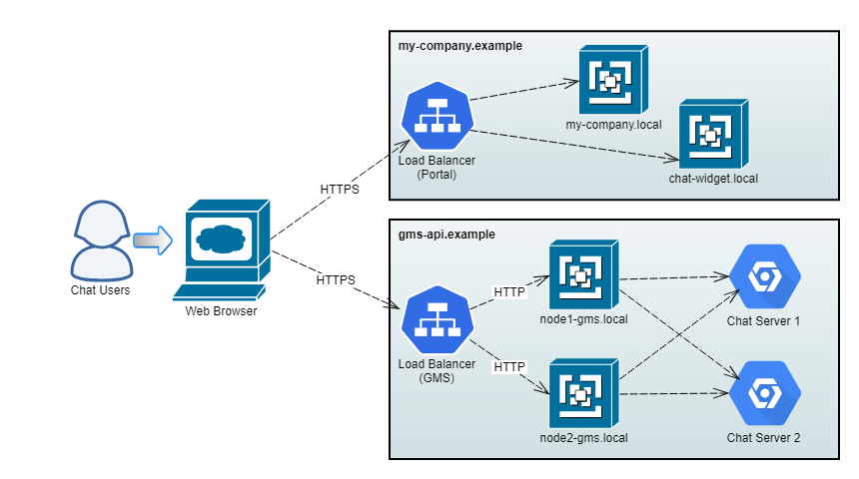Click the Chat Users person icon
click(x=101, y=241)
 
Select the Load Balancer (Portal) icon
click(x=436, y=117)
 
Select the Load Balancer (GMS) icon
click(x=436, y=319)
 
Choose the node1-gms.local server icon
click(x=584, y=276)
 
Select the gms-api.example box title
click(x=446, y=234)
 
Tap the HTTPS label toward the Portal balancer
click(x=340, y=188)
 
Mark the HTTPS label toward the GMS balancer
click(x=336, y=279)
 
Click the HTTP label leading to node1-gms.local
click(x=509, y=291)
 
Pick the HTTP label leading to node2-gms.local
click(x=509, y=367)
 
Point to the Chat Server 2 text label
click(x=764, y=438)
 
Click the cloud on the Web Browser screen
click(x=221, y=239)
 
